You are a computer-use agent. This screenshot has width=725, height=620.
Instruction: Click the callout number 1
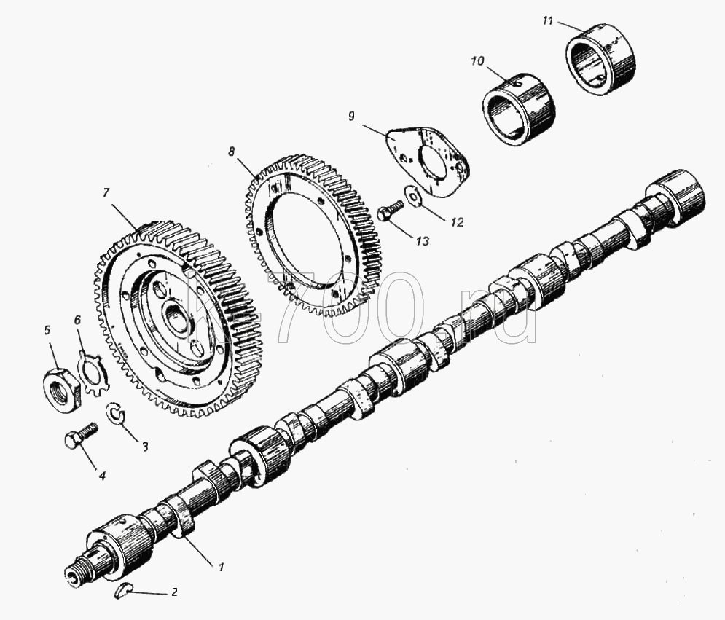point(221,567)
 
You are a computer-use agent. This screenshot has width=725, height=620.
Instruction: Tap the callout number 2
point(174,592)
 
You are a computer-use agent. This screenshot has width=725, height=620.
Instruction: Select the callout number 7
point(106,193)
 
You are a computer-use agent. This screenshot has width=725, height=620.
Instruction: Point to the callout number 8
point(232,152)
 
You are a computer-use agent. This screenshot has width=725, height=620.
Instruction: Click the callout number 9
point(353,116)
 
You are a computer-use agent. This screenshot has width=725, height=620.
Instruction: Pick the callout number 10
point(478,60)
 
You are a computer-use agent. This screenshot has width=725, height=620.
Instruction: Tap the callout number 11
point(548,21)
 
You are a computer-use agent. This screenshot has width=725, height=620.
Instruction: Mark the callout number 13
point(422,241)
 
